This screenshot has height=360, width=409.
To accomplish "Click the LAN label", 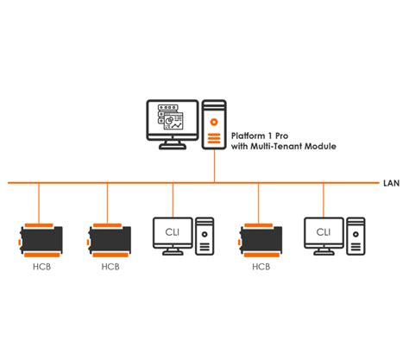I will [390, 183].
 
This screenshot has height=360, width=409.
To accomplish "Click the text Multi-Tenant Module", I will [293, 148].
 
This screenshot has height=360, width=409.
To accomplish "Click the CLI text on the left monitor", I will [172, 231].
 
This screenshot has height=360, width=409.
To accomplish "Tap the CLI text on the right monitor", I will [324, 231].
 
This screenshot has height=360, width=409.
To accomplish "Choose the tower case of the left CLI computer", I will [204, 236].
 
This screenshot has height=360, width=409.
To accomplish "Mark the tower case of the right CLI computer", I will [356, 236].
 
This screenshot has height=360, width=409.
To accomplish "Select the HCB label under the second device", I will [110, 267].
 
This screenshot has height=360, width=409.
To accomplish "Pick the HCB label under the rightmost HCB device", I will [261, 267].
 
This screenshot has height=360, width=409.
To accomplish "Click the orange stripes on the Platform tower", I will [214, 133].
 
